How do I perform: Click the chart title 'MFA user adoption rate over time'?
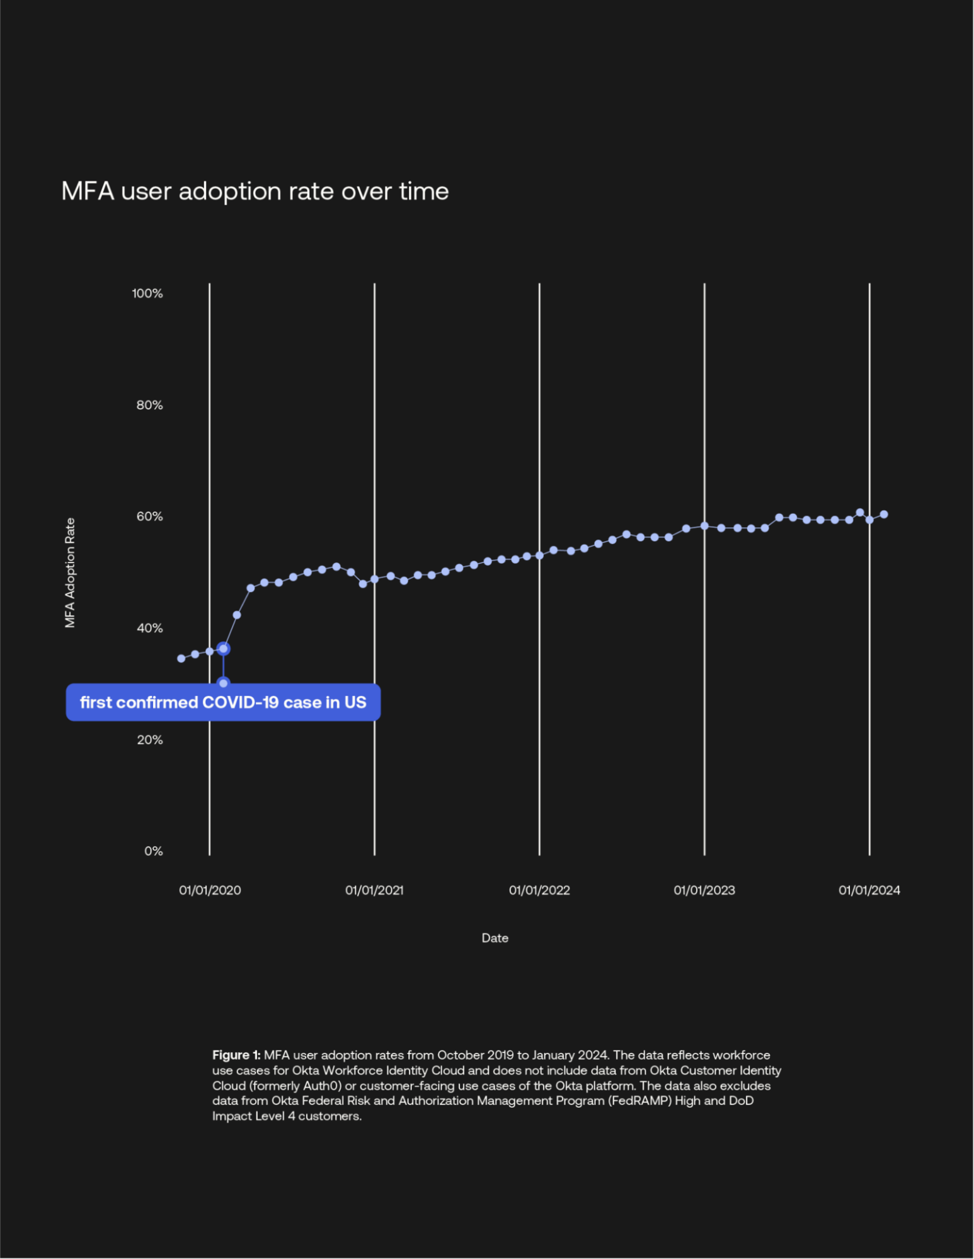(255, 191)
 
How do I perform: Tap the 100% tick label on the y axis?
(147, 293)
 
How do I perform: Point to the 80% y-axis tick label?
(149, 405)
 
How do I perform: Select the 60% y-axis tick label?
(149, 516)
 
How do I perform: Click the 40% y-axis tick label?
(149, 628)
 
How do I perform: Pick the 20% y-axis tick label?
(149, 739)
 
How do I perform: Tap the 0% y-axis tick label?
(153, 851)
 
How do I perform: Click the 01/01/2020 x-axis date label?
(210, 890)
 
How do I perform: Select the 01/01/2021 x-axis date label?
(374, 890)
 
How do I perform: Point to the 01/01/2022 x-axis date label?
(539, 890)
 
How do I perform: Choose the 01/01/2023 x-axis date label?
(704, 890)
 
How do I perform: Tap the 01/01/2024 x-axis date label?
(869, 890)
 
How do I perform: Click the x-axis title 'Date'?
(495, 938)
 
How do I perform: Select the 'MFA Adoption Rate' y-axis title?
(70, 573)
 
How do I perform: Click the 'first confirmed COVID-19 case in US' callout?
(223, 702)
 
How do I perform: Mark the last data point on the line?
(884, 515)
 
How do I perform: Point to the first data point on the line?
(181, 658)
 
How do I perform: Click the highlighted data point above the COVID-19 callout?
(224, 649)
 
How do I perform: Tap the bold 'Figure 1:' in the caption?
(236, 1055)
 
